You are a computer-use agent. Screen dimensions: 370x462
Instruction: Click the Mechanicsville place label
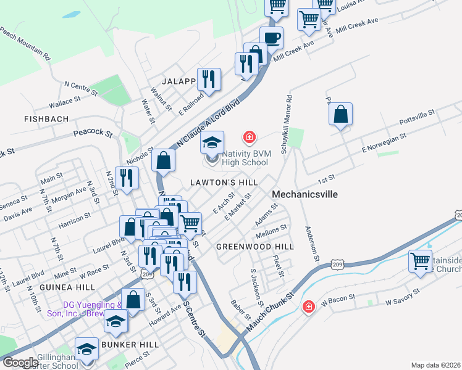[304, 194]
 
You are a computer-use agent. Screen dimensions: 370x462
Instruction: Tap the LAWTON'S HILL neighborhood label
[224, 183]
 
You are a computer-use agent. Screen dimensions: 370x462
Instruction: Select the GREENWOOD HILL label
[254, 246]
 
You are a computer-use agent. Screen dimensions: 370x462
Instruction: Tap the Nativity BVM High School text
[237, 158]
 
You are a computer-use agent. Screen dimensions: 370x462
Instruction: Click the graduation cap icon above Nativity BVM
[212, 143]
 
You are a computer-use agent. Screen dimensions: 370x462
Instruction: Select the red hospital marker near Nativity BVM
[250, 136]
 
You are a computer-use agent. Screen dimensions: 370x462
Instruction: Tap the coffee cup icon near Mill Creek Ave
[271, 38]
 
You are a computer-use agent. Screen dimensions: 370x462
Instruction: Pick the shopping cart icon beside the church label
[420, 261]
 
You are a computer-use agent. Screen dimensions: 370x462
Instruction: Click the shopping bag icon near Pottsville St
[341, 114]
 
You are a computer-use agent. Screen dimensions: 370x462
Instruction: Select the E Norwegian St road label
[384, 143]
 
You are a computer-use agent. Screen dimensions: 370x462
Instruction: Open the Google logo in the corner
[20, 363]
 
